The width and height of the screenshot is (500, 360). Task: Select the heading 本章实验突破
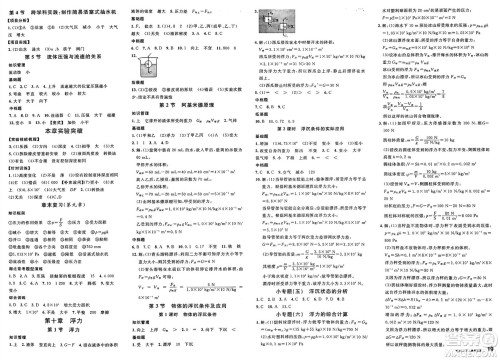click(x=62, y=130)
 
